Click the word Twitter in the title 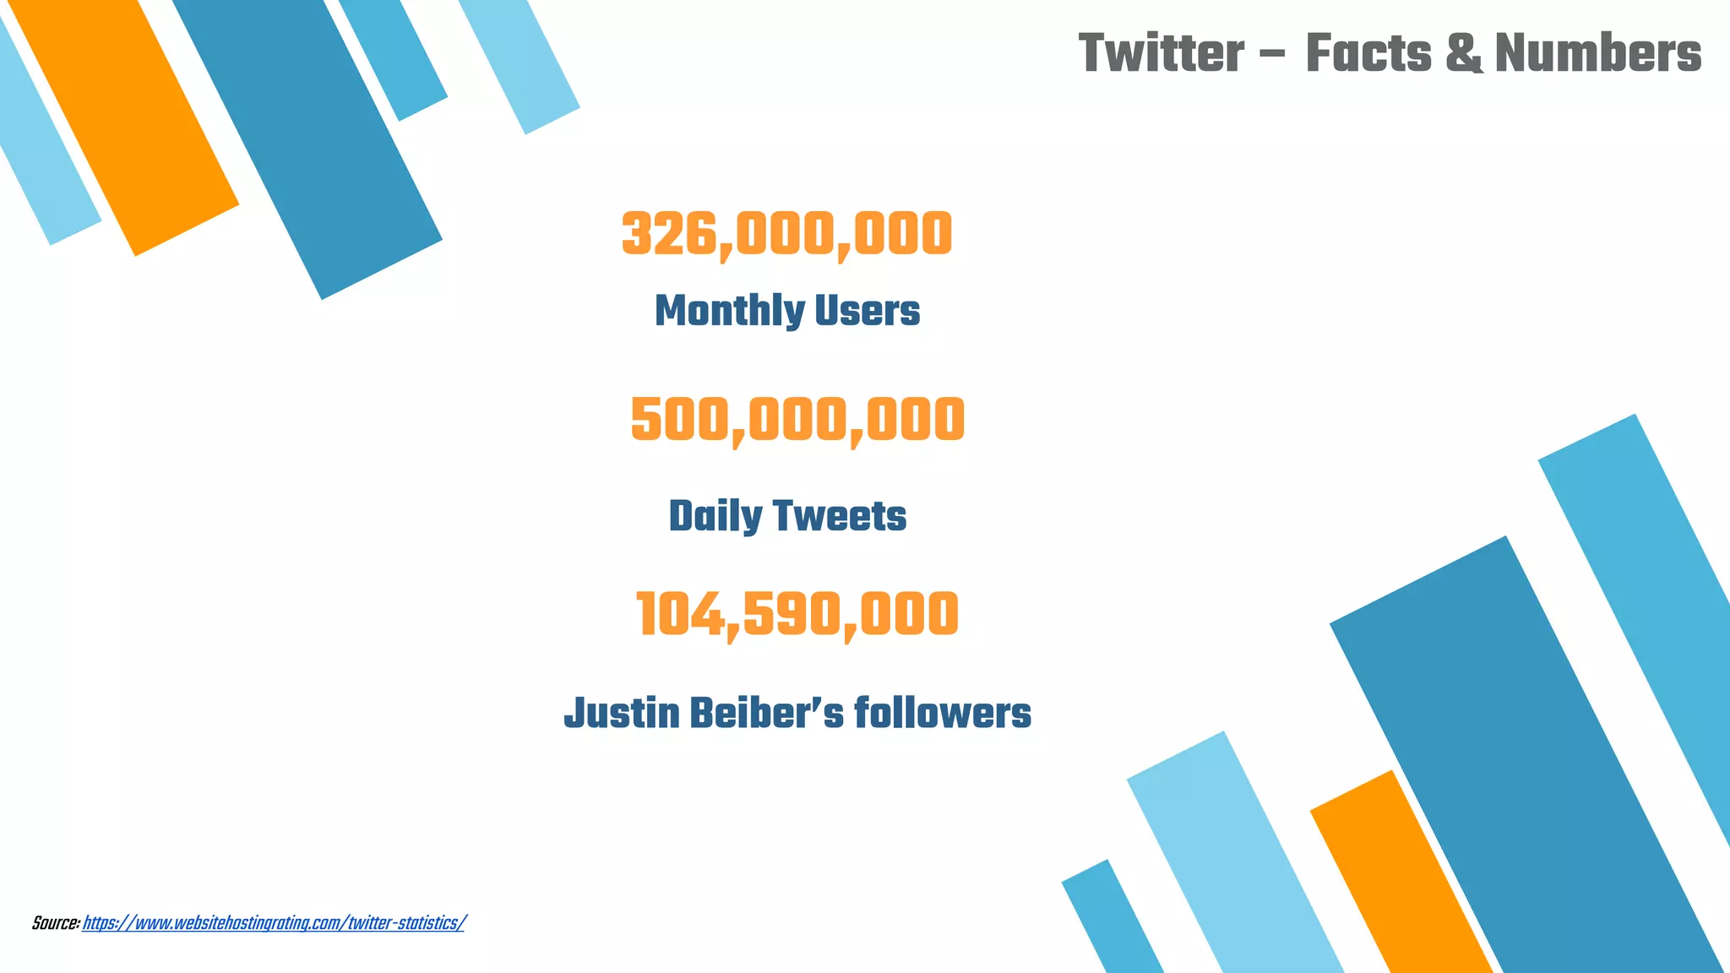pyautogui.click(x=1161, y=53)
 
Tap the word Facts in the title pyautogui.click(x=1368, y=53)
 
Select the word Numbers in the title pyautogui.click(x=1598, y=53)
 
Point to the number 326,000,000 pyautogui.click(x=786, y=234)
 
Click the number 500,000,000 pyautogui.click(x=797, y=420)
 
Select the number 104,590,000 pyautogui.click(x=797, y=614)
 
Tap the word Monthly pyautogui.click(x=717, y=311)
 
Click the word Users pyautogui.click(x=856, y=311)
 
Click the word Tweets pyautogui.click(x=840, y=516)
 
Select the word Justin pyautogui.click(x=622, y=713)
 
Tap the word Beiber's pyautogui.click(x=766, y=713)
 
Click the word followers pyautogui.click(x=943, y=713)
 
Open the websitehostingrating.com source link pyautogui.click(x=274, y=923)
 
